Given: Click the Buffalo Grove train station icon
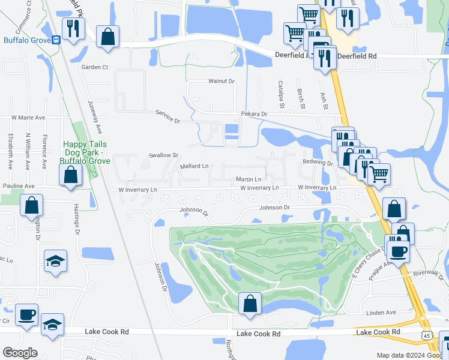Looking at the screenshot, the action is [x=56, y=40].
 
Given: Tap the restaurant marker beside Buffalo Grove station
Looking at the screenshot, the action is [x=73, y=29].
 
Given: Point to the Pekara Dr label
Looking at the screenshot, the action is [x=254, y=113].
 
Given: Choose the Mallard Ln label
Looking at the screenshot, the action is [x=194, y=166].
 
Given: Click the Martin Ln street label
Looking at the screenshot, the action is [x=249, y=179].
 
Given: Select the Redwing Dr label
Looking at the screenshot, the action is [x=318, y=163].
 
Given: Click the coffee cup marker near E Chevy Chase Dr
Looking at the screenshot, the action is [x=397, y=250].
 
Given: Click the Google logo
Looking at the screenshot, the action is [x=20, y=353].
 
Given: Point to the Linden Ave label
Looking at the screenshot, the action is [x=381, y=313].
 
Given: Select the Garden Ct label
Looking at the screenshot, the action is [x=95, y=67].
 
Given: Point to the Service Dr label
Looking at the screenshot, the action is [x=167, y=113].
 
